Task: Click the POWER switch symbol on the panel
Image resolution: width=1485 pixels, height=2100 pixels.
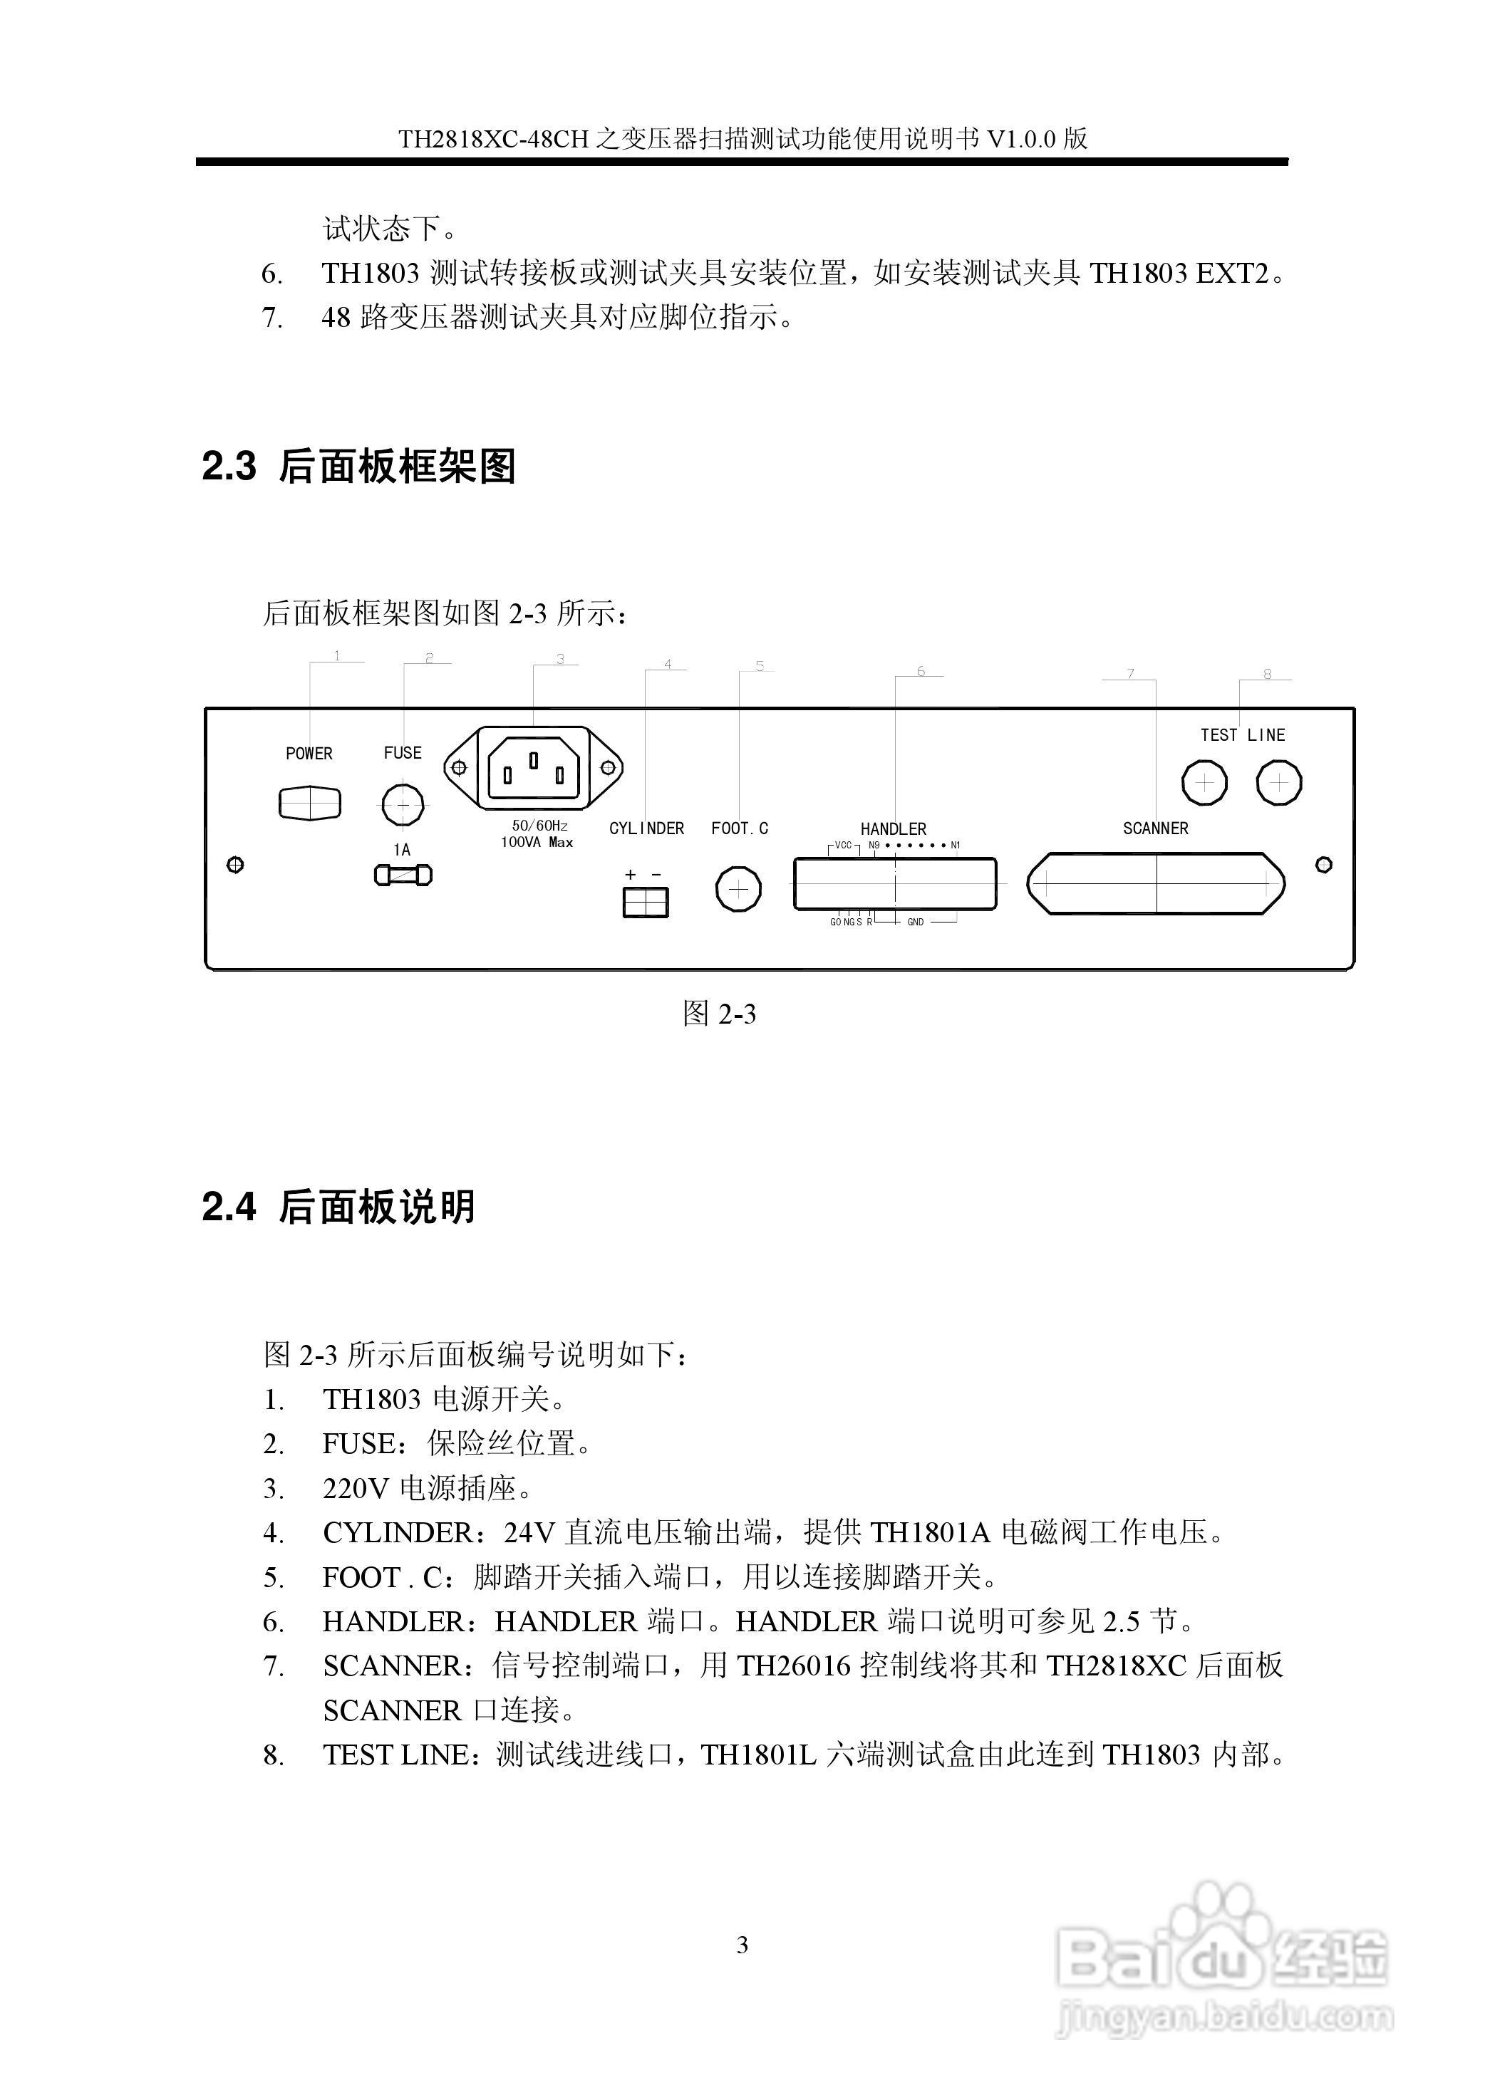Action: pos(309,803)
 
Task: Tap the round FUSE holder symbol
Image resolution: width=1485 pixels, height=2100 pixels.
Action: pos(402,805)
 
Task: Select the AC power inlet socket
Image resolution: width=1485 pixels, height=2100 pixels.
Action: pos(534,769)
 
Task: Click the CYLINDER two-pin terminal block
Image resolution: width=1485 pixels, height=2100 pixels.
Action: pos(646,903)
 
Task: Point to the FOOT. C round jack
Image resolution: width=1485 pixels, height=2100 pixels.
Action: pos(738,889)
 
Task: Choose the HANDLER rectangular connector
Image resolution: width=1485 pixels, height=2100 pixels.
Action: pos(895,883)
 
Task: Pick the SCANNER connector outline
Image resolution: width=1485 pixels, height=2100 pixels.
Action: pos(1156,883)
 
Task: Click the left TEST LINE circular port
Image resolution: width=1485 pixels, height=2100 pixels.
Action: pos(1205,783)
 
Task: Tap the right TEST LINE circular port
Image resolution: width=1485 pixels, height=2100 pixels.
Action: pos(1278,783)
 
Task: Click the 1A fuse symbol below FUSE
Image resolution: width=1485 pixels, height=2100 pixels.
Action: pos(403,875)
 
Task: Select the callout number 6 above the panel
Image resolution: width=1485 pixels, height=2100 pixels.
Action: pos(921,671)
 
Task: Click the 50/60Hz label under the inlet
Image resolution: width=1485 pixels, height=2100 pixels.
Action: pos(540,825)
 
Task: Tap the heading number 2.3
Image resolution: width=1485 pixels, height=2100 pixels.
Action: pos(229,467)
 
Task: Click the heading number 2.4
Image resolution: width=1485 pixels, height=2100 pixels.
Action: pos(229,1207)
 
